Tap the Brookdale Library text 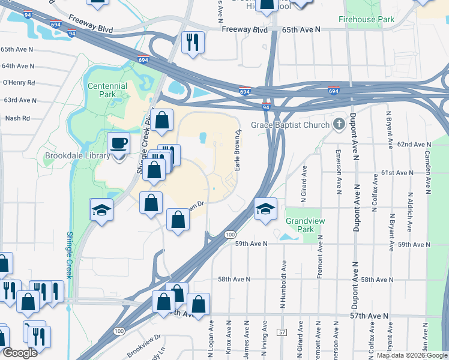[77, 155]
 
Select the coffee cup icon [118, 144]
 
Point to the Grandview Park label [300, 225]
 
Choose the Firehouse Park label [366, 19]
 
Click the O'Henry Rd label [19, 83]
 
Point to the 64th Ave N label [18, 66]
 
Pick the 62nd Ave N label [414, 145]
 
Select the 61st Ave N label [397, 173]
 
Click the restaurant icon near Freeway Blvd [193, 42]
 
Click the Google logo [19, 353]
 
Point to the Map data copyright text [412, 355]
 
